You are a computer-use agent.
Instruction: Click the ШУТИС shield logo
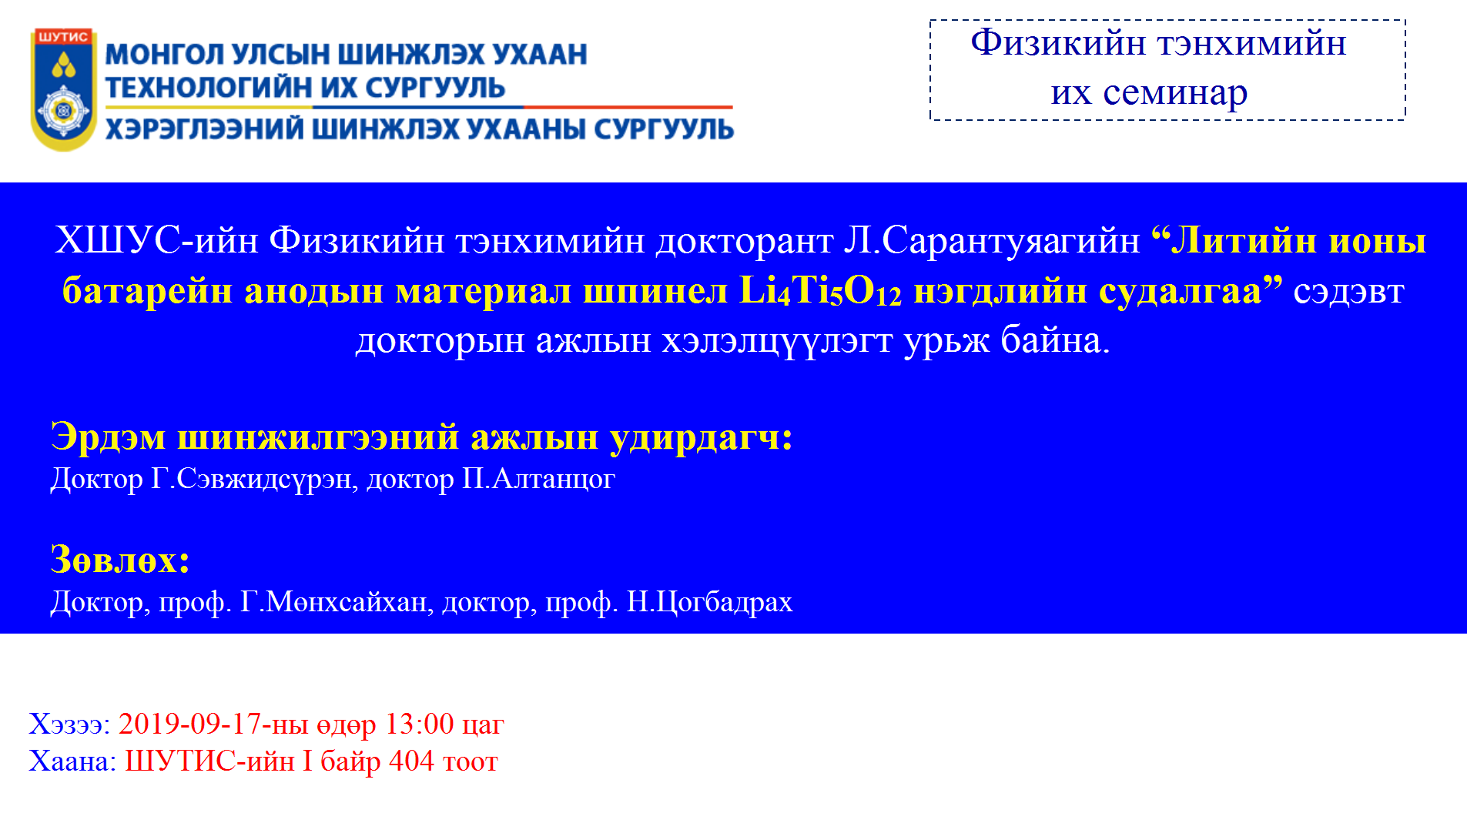[x=64, y=89]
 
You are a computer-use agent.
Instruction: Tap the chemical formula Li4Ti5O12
[x=820, y=292]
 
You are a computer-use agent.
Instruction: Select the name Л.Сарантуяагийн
[x=992, y=242]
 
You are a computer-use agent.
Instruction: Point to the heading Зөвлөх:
[x=120, y=560]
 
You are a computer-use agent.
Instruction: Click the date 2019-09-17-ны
[x=213, y=724]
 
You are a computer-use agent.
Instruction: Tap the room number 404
[x=412, y=761]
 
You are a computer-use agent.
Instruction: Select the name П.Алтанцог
[x=538, y=480]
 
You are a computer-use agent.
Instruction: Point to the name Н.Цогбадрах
[x=709, y=602]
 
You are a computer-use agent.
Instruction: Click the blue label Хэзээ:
[x=69, y=724]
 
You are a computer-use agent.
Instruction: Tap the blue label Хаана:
[x=72, y=761]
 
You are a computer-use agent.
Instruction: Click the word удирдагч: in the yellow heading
[x=701, y=438]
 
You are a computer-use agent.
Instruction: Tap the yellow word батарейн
[x=146, y=292]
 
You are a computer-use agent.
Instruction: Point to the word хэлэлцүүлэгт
[x=777, y=341]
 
